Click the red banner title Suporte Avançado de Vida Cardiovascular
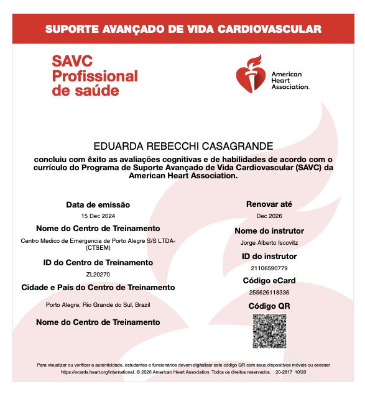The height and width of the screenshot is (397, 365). click(183, 29)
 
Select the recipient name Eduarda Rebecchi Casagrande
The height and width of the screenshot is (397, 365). click(183, 146)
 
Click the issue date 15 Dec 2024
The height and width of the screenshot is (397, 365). click(98, 216)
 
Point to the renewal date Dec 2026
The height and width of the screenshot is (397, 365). click(269, 216)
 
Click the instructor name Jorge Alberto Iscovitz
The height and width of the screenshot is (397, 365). click(269, 242)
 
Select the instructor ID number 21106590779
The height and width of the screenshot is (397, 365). click(269, 268)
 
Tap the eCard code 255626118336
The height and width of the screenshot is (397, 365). click(269, 293)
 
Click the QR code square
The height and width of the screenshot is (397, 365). click(269, 331)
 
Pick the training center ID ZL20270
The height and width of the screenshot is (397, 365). click(98, 273)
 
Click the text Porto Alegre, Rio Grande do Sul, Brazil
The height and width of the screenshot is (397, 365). click(98, 304)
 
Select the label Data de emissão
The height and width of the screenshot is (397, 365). click(98, 204)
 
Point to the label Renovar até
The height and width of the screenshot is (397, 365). click(269, 204)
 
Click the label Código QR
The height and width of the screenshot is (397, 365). click(269, 306)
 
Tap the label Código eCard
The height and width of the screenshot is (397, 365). click(269, 281)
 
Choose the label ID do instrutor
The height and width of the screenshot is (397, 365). click(269, 256)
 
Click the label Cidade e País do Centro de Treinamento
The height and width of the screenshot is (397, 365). click(98, 288)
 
